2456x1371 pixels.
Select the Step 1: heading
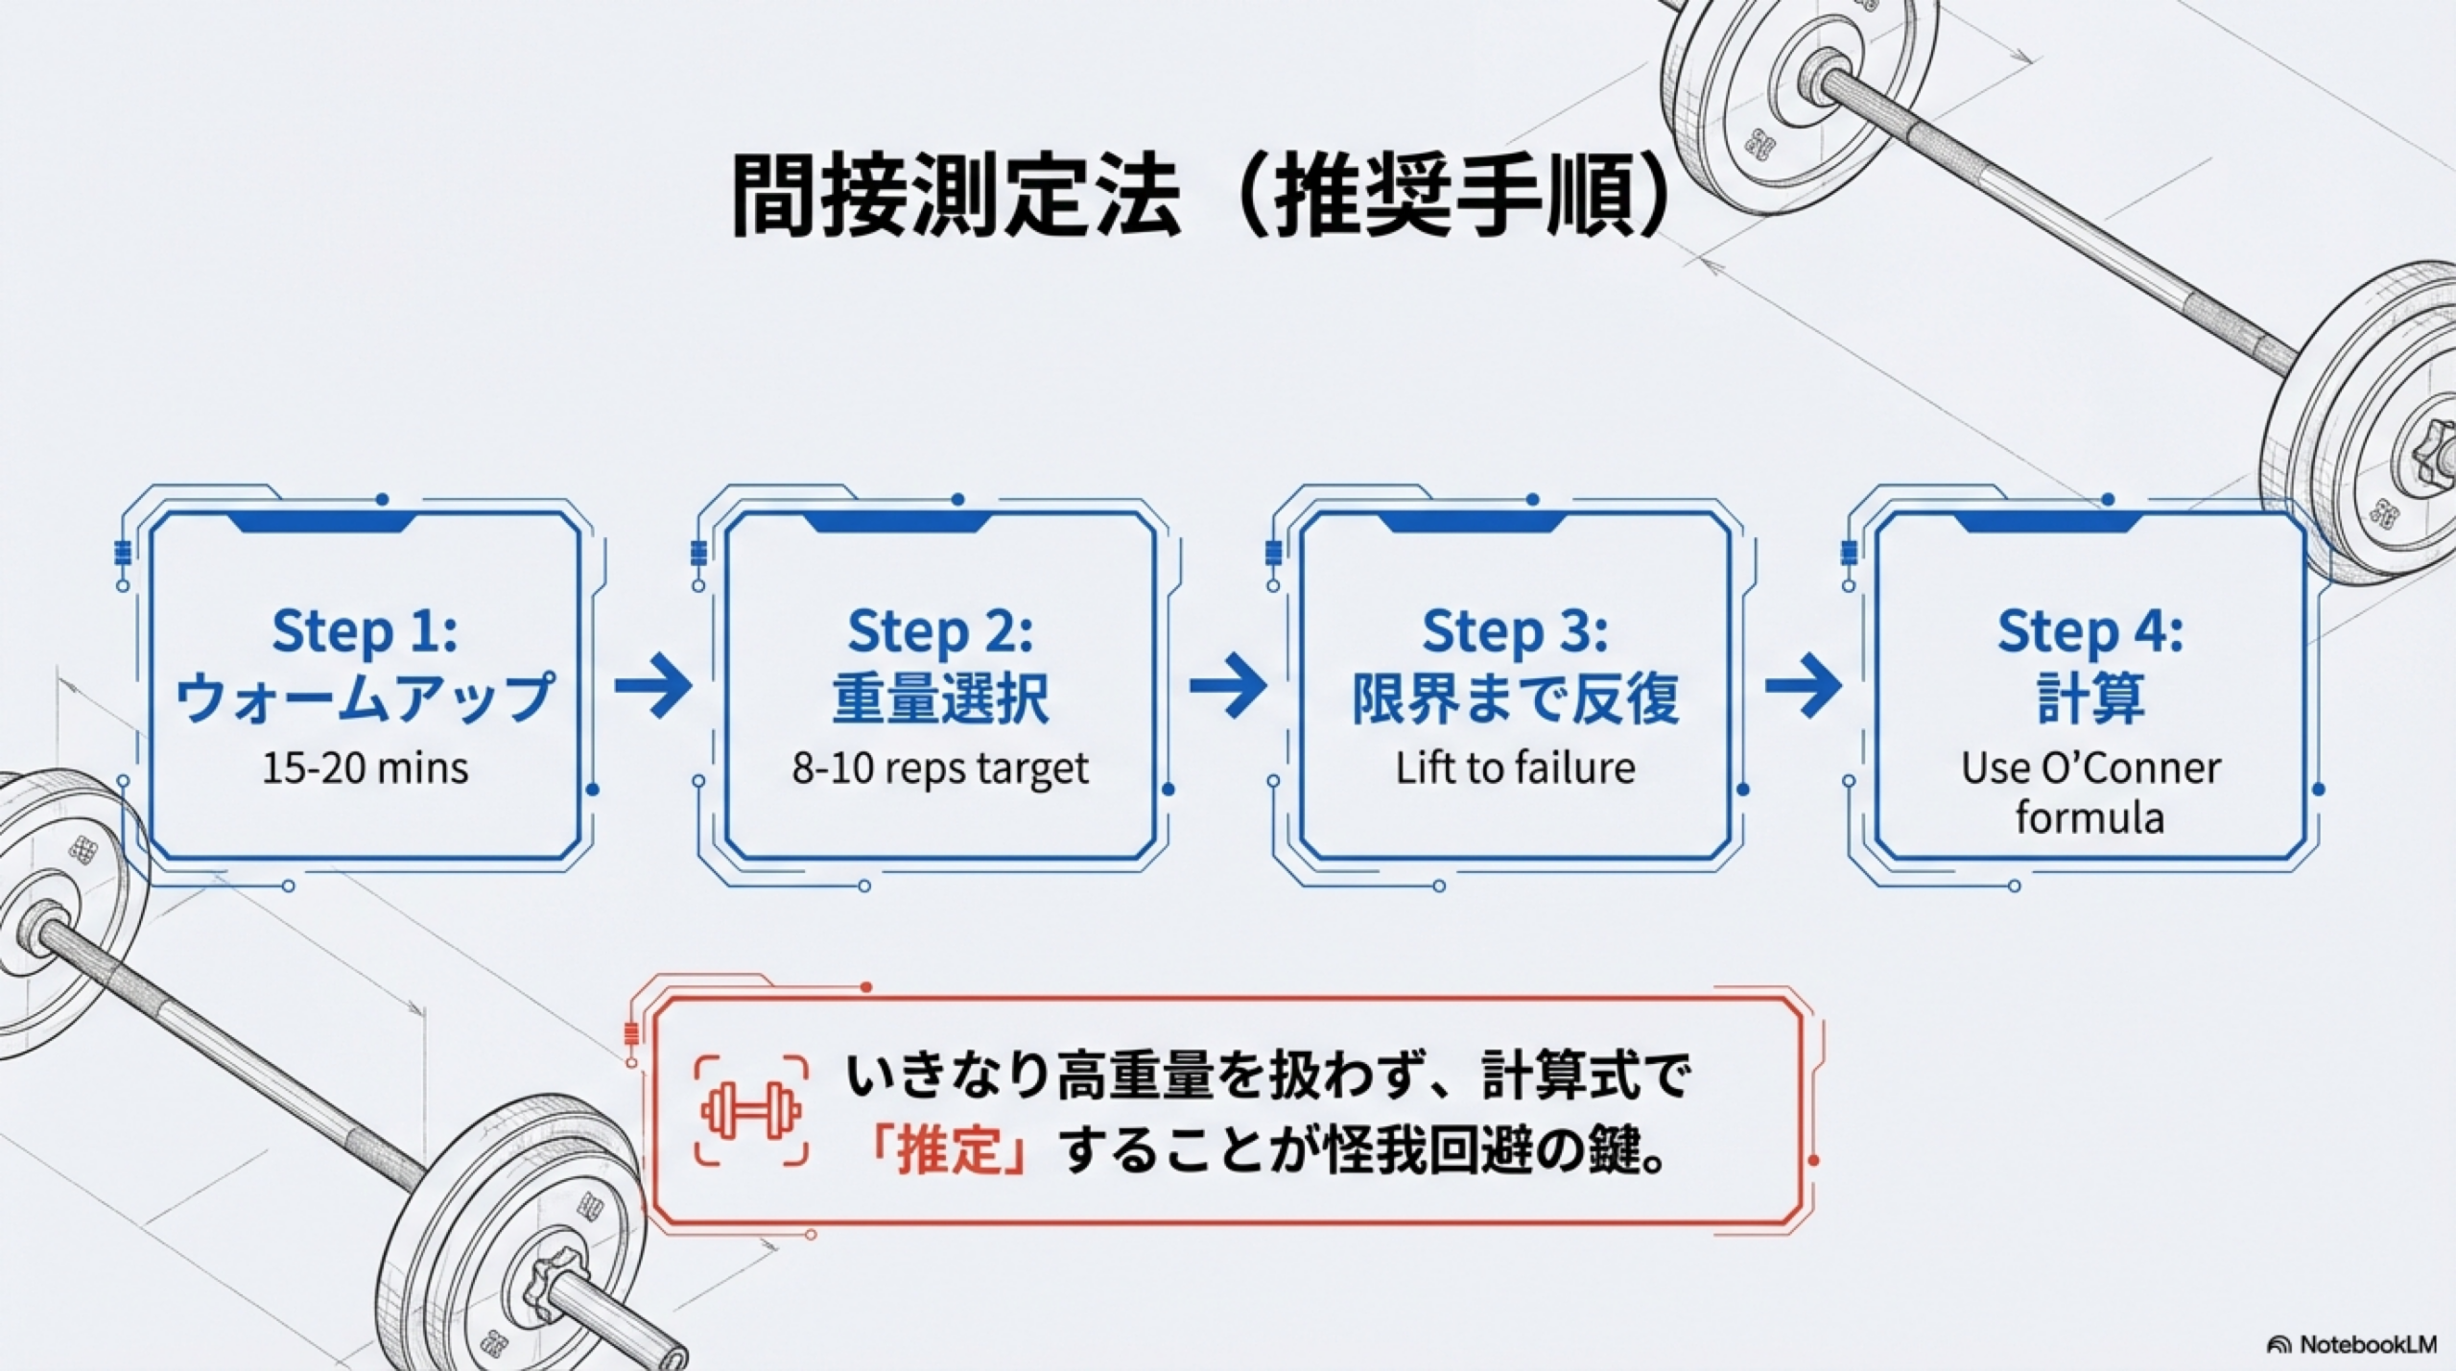[365, 631]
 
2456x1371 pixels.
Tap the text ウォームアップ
[365, 698]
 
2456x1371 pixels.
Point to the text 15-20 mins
[365, 768]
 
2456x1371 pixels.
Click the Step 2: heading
[940, 631]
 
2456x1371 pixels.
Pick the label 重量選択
[940, 698]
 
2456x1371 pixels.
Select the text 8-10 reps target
[940, 768]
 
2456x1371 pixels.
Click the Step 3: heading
[1515, 631]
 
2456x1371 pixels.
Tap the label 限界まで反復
[1515, 698]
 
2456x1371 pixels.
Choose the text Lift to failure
[1515, 768]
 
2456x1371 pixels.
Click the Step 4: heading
[2090, 631]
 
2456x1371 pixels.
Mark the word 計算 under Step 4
[2090, 698]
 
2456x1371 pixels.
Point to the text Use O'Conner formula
[2090, 792]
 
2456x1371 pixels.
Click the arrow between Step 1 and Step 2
[653, 685]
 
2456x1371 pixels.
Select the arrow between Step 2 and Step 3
[1228, 685]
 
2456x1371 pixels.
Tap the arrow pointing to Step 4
[1804, 685]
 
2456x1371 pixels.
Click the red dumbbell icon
[751, 1112]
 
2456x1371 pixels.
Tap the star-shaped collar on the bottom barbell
[555, 1282]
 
